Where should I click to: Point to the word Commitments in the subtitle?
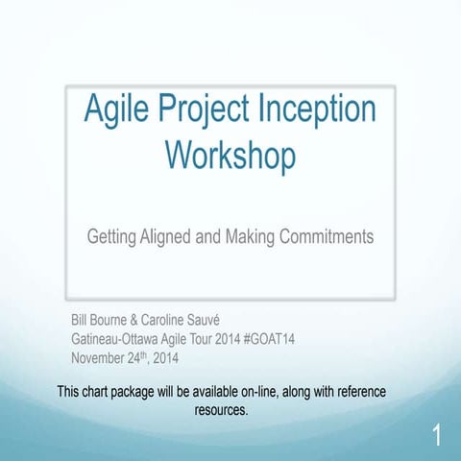326,235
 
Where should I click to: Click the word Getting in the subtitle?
111,235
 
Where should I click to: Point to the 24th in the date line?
148,358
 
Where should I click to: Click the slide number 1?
437,437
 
